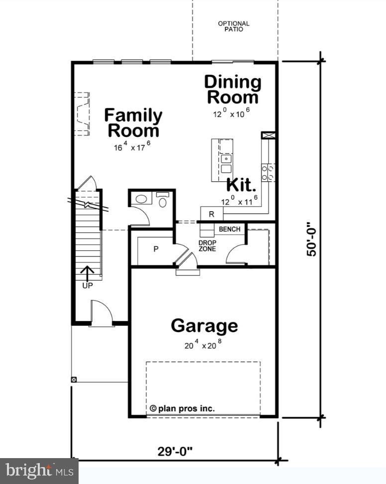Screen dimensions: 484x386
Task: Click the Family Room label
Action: point(133,123)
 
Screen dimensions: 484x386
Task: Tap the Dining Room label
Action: point(233,89)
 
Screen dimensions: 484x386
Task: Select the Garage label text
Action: point(204,326)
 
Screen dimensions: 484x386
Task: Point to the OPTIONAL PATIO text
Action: point(234,26)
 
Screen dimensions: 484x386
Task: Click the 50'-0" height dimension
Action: point(311,240)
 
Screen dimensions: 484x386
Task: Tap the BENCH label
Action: point(229,230)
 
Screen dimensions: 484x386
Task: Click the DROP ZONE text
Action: point(207,245)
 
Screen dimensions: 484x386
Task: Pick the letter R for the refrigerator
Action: point(211,215)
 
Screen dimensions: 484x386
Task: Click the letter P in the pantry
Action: point(156,249)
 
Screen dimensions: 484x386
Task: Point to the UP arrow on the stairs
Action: point(87,273)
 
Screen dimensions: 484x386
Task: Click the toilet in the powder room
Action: point(163,201)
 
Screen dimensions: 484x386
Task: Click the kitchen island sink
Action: point(227,159)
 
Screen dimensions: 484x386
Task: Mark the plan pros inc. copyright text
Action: point(182,408)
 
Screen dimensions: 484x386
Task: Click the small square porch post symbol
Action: point(74,379)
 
